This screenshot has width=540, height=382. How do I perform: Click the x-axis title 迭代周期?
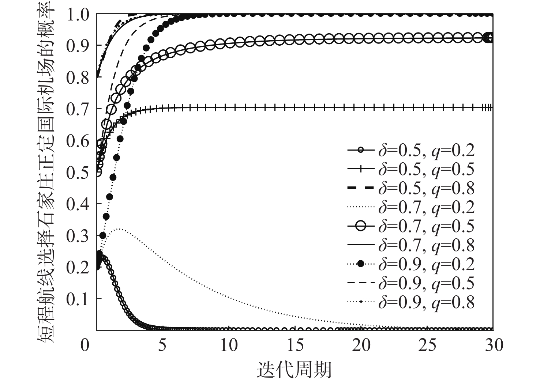tap(295, 370)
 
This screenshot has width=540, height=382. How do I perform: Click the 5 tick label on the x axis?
tap(163, 345)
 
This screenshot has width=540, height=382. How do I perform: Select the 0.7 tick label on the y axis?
tap(78, 109)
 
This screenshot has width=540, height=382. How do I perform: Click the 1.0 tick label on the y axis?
tap(78, 15)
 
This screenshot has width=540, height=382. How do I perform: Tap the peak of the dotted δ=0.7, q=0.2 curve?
tap(119, 229)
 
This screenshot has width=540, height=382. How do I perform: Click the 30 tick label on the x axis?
tap(493, 345)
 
